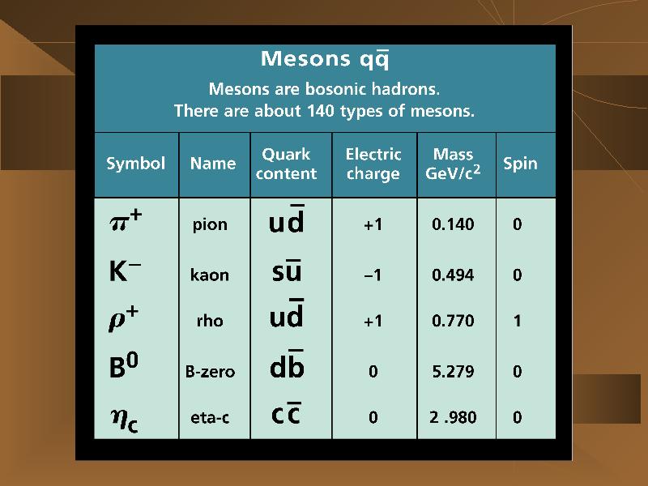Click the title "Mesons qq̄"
click(325, 59)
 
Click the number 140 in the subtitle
click(320, 111)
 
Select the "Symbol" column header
click(135, 164)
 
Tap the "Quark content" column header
click(286, 164)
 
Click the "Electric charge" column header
click(373, 164)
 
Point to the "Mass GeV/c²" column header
click(453, 164)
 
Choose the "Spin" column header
click(520, 164)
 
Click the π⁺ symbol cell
click(126, 221)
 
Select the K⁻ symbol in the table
click(125, 271)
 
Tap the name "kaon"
click(210, 275)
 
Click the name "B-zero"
click(210, 372)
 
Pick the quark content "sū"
click(287, 271)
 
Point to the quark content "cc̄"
click(286, 413)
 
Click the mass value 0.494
click(453, 275)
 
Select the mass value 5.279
click(453, 372)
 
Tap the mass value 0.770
click(453, 321)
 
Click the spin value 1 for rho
click(517, 321)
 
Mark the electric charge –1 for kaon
click(373, 275)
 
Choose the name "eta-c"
click(210, 418)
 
